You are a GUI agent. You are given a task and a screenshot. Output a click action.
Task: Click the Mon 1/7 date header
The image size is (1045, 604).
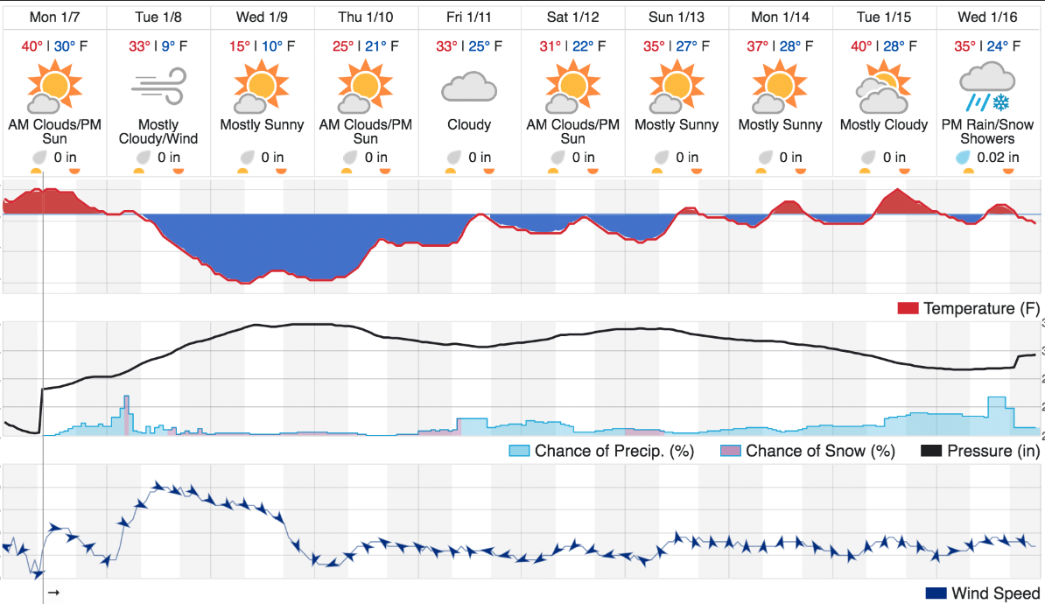[x=54, y=18]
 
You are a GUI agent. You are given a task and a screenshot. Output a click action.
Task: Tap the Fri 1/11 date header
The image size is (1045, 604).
[x=469, y=18]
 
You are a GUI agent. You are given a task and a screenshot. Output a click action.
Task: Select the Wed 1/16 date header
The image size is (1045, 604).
[x=988, y=18]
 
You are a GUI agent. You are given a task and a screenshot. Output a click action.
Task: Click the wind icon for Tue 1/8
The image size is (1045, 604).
[x=158, y=87]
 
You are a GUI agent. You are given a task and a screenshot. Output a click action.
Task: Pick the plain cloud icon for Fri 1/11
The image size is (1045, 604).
[x=469, y=88]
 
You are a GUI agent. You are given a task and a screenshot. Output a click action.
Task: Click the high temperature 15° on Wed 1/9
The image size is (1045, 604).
[x=239, y=46]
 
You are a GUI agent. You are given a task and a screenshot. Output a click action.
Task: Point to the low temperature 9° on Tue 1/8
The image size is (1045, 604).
[x=168, y=46]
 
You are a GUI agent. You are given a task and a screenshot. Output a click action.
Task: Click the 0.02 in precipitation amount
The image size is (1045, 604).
[x=998, y=158]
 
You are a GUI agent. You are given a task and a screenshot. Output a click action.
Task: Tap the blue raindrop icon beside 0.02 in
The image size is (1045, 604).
[x=963, y=158]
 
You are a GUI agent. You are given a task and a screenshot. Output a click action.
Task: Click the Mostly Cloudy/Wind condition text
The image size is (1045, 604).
[x=158, y=131]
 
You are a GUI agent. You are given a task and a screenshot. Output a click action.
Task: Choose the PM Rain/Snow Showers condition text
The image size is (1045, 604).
[x=988, y=131]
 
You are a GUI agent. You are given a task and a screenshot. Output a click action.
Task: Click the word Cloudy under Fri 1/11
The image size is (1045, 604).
[x=469, y=124]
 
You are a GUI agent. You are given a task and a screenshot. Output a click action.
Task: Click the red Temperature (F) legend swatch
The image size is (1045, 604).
[x=908, y=309]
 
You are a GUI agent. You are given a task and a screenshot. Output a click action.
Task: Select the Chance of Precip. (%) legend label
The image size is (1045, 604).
[x=614, y=452]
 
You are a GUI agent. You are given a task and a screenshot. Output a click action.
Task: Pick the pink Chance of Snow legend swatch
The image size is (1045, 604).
[x=731, y=452]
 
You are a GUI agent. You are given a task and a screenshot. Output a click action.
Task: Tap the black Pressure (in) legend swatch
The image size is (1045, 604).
[x=931, y=452]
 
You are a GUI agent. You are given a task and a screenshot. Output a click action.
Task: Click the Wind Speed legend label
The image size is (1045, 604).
[x=996, y=593]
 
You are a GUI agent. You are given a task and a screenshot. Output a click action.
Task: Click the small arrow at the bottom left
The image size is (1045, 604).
[x=54, y=592]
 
